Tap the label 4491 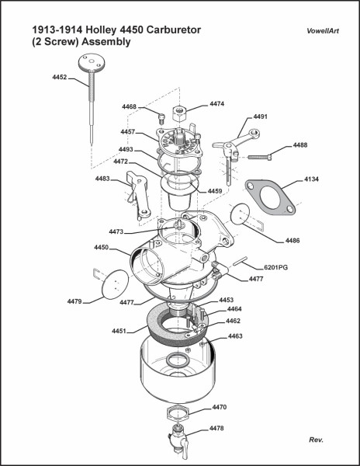260,116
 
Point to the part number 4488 299,145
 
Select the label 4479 74,301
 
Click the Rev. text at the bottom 315,440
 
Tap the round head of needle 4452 90,62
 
